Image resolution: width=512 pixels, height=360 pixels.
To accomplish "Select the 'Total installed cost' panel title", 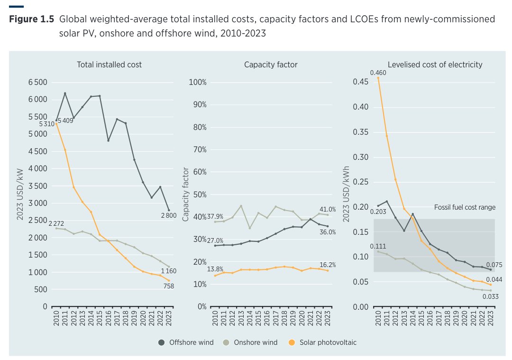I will click(109, 65).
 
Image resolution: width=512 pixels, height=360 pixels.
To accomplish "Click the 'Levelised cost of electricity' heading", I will click(435, 65).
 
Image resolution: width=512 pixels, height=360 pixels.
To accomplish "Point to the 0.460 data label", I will click(378, 73).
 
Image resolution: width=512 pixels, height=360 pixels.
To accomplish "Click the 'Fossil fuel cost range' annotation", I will click(465, 207).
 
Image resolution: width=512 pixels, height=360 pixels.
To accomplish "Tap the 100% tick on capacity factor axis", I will click(198, 83).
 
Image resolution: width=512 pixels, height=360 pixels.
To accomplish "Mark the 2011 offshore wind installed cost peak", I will click(65, 93).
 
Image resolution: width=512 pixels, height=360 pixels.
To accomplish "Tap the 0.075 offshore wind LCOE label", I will click(494, 266).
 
